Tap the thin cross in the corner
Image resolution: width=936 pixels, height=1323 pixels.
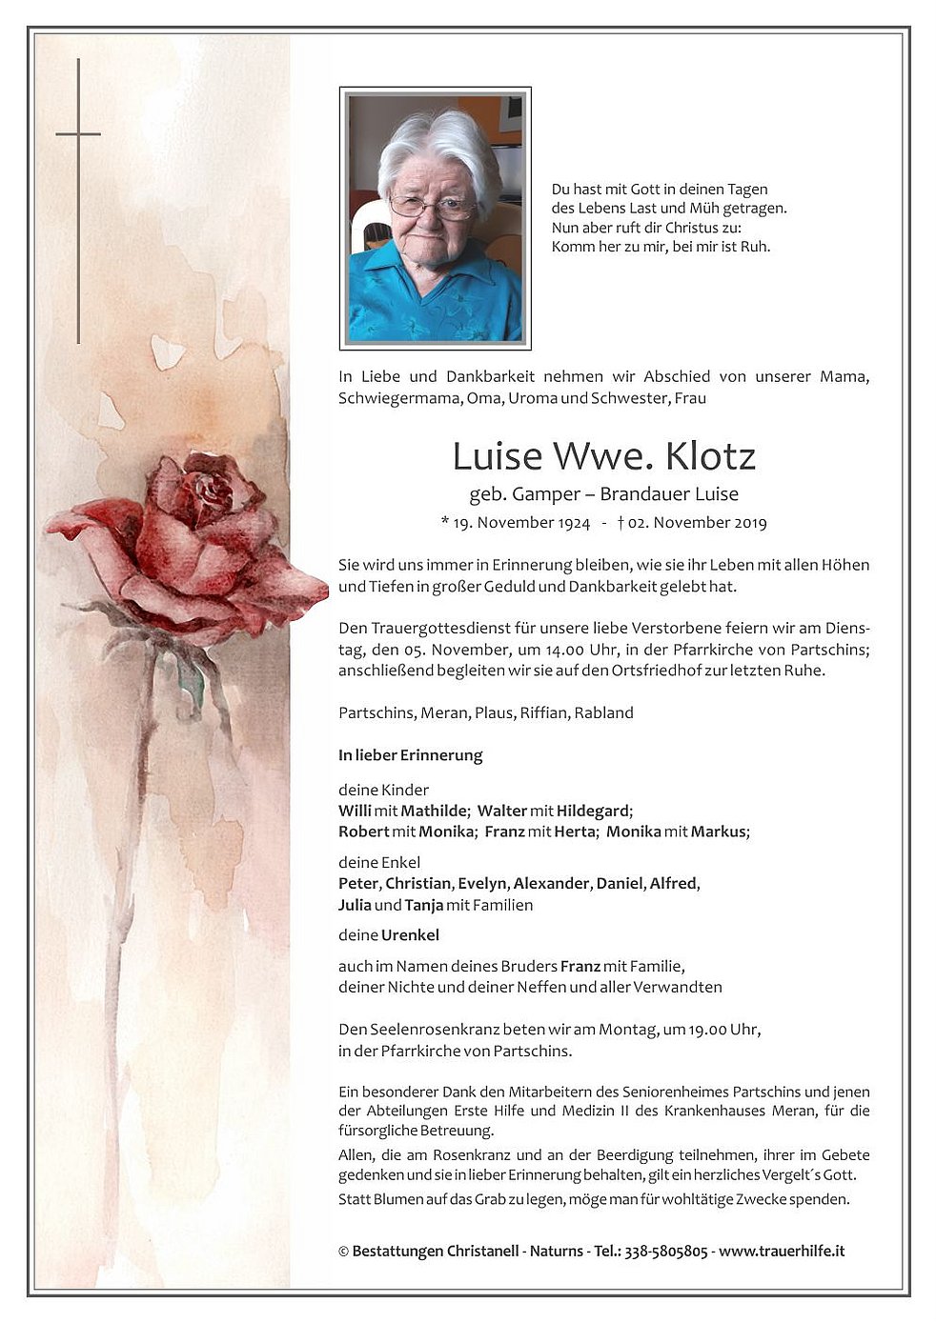tap(78, 135)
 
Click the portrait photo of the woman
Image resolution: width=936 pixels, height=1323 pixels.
tap(435, 218)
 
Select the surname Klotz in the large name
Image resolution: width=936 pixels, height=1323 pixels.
tap(710, 457)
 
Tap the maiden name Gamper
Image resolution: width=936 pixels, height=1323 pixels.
tap(546, 493)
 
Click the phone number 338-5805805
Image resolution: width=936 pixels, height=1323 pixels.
tap(665, 1251)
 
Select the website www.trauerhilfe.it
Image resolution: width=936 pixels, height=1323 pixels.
tap(782, 1251)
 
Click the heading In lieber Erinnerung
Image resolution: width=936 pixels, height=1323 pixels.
tap(410, 755)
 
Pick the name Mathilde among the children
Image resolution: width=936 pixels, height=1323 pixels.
tap(434, 811)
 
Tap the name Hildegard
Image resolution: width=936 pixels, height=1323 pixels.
tap(593, 811)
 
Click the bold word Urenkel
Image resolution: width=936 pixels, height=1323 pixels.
tap(410, 935)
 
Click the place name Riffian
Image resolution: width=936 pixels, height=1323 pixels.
tap(542, 712)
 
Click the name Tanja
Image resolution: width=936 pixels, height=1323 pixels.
tap(423, 905)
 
